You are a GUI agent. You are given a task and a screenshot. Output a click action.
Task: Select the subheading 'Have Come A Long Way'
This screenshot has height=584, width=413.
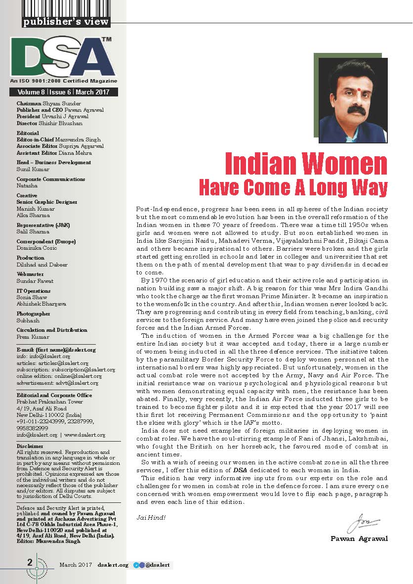[x=293, y=188]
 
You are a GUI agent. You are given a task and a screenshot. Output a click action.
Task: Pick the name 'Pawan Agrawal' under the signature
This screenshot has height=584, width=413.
[x=359, y=539]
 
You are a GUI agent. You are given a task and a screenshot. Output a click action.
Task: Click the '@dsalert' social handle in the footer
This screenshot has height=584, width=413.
[x=159, y=565]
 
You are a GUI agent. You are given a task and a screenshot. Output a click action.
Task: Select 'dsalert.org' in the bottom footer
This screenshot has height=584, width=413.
[x=113, y=565]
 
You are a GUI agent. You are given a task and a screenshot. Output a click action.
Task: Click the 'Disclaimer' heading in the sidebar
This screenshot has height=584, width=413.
[x=29, y=447]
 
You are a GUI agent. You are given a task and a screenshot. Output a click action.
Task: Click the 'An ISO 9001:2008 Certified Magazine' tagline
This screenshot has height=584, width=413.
[x=64, y=81]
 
